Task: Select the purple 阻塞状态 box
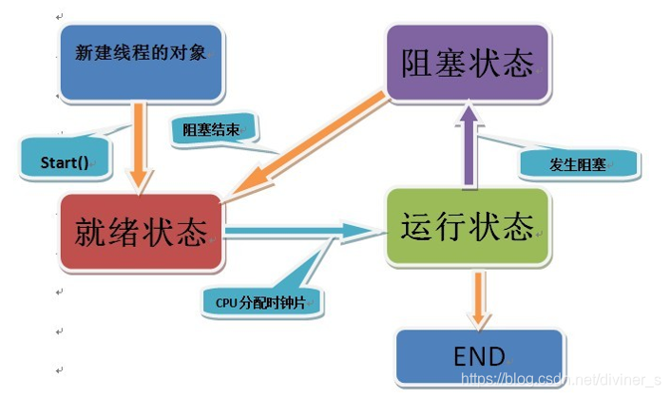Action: [x=467, y=63]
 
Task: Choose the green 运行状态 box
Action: [x=468, y=227]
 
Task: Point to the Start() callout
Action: [x=65, y=162]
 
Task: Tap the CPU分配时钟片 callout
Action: [x=263, y=302]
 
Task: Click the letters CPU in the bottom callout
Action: [x=221, y=303]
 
